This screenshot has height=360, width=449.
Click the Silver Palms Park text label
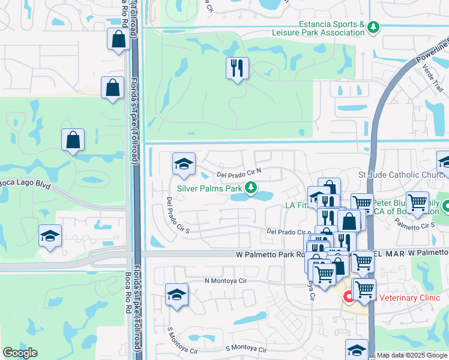pyautogui.click(x=208, y=189)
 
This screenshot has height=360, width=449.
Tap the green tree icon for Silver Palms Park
pyautogui.click(x=252, y=189)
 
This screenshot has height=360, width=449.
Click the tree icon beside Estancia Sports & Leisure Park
pyautogui.click(x=373, y=28)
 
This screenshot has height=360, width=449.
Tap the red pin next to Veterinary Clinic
pyautogui.click(x=348, y=297)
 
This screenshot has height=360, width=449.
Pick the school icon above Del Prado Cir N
pyautogui.click(x=184, y=163)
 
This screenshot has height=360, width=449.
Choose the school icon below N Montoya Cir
pyautogui.click(x=176, y=294)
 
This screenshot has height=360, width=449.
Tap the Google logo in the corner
pyautogui.click(x=20, y=353)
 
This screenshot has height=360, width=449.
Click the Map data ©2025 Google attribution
pyautogui.click(x=411, y=355)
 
